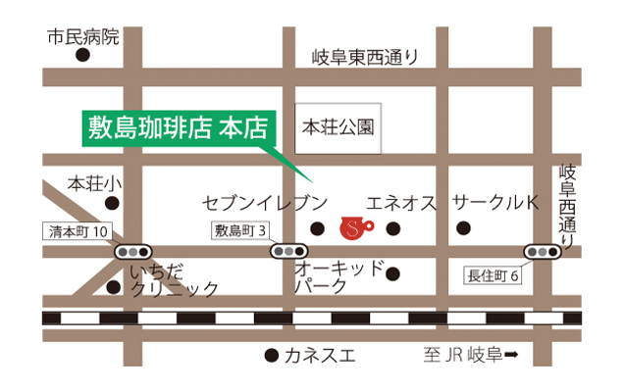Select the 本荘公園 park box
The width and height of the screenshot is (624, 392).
(x=339, y=126)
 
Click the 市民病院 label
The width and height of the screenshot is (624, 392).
(x=83, y=37)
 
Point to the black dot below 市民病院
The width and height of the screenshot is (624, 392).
(x=83, y=56)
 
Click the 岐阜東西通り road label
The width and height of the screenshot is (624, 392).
(x=364, y=57)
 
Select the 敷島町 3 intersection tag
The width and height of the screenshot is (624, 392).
(x=241, y=231)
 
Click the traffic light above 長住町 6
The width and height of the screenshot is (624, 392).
(x=542, y=252)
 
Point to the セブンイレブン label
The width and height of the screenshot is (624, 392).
(x=264, y=203)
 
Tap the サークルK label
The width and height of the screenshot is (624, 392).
(x=495, y=203)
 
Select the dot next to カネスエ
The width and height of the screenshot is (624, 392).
(x=271, y=355)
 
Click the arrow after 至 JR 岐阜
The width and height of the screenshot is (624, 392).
(x=511, y=356)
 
